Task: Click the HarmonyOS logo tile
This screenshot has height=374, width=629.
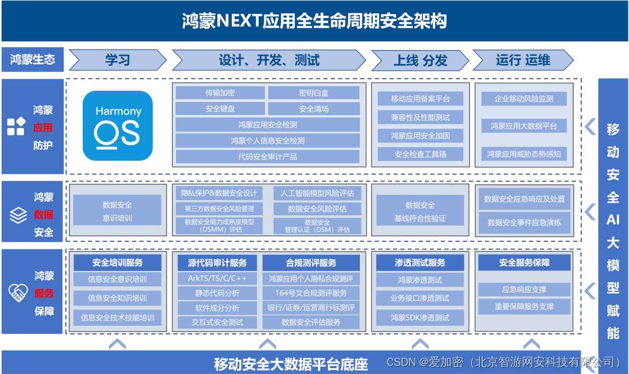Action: point(118,126)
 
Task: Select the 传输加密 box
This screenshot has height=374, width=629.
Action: point(220,92)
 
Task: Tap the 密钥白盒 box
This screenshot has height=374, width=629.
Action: point(314,92)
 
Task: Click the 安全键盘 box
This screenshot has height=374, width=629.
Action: point(220,109)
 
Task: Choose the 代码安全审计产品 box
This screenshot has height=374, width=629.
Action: point(267,156)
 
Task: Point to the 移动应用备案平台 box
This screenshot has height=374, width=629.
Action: point(420,99)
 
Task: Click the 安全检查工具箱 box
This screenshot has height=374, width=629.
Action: point(420,154)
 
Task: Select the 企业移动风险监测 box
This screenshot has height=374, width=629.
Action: point(524,99)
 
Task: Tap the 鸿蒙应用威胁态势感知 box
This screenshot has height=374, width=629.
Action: point(524,154)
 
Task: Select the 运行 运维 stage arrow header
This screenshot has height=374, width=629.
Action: point(522,60)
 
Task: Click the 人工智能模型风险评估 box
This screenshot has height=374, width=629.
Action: point(317,193)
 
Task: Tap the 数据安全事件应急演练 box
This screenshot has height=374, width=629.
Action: point(524,223)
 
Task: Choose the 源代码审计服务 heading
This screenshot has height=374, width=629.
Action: point(217,263)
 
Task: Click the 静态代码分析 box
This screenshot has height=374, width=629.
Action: point(217,293)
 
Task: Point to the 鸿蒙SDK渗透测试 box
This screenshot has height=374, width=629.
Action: point(420,318)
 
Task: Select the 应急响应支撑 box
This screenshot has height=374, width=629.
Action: point(524,290)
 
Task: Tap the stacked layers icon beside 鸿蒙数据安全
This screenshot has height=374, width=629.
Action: point(18,216)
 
